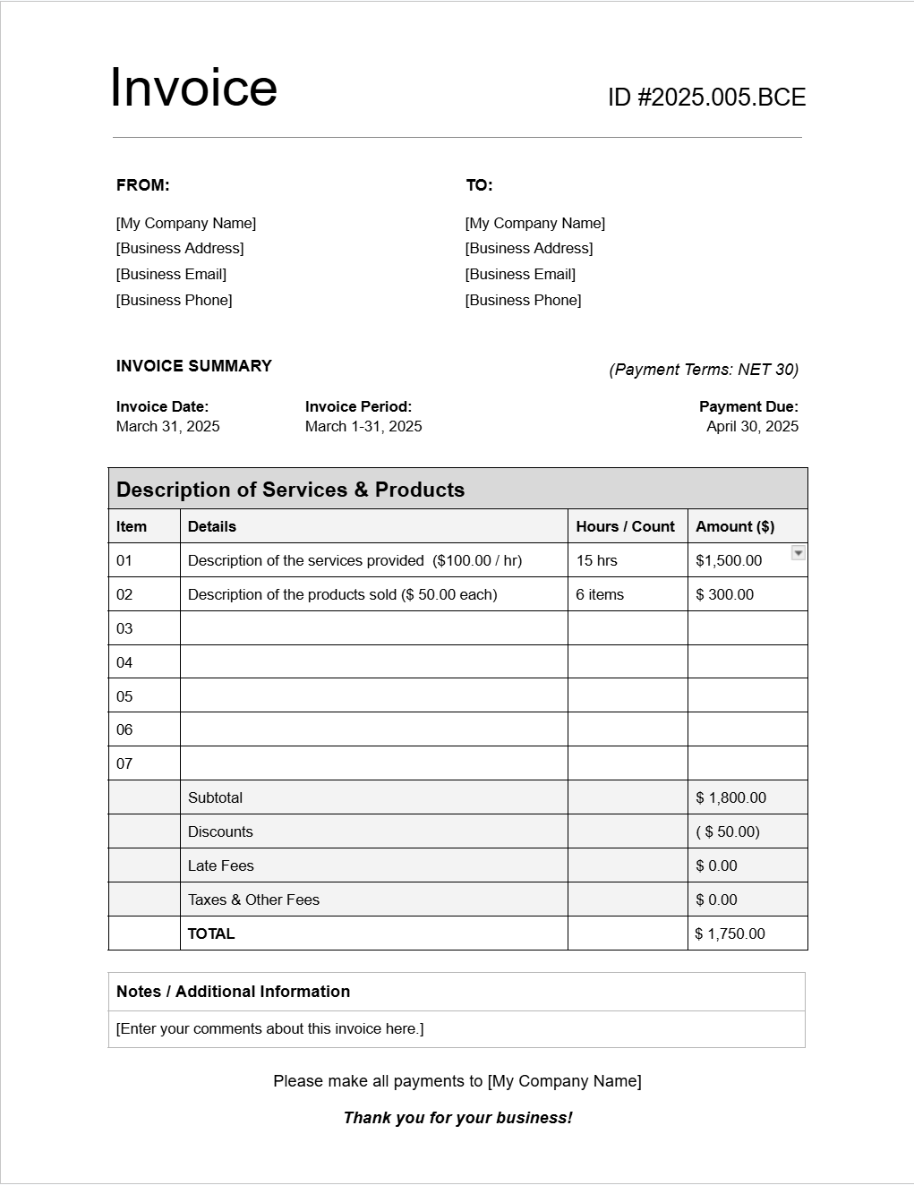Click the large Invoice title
click(x=193, y=88)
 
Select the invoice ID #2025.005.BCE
click(x=706, y=98)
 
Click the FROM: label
click(x=142, y=185)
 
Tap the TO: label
click(x=479, y=185)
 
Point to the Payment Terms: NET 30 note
click(x=704, y=370)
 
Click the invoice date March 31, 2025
click(x=167, y=426)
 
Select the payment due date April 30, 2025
click(x=752, y=426)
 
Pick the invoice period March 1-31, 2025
click(x=363, y=426)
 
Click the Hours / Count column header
click(x=625, y=526)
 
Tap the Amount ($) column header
click(x=735, y=526)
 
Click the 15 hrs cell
click(x=596, y=560)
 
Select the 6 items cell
click(x=600, y=594)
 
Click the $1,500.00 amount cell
click(x=729, y=560)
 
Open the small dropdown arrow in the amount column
click(x=799, y=553)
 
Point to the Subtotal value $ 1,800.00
click(x=730, y=797)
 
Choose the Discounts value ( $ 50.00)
click(x=727, y=831)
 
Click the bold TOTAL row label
click(x=211, y=934)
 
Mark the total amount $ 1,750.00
click(x=730, y=934)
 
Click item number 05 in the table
click(x=124, y=696)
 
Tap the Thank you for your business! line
click(x=457, y=1118)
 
